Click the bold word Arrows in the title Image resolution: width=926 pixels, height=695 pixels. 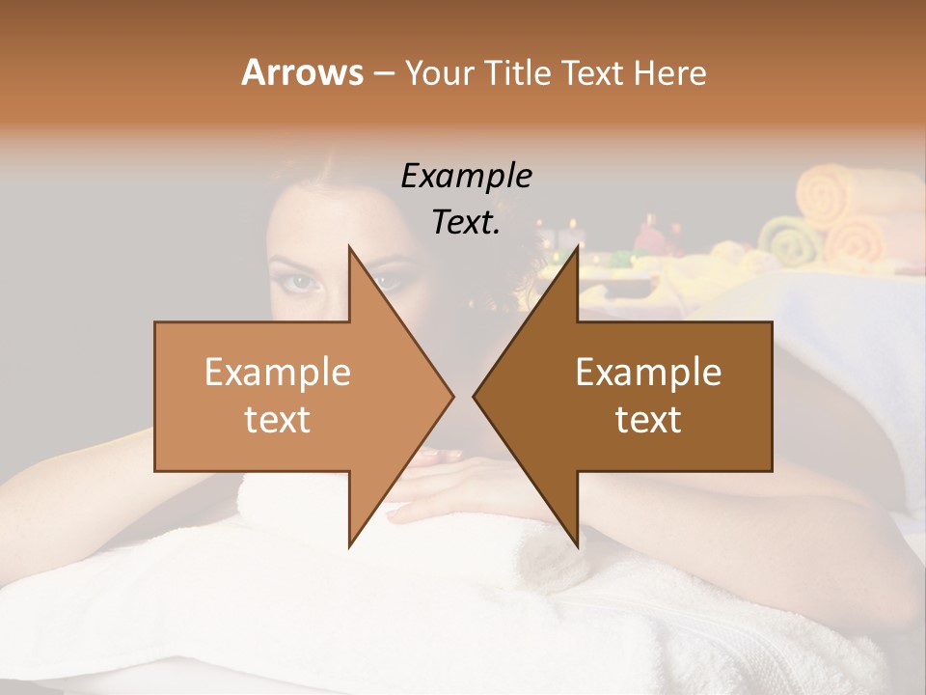coord(301,72)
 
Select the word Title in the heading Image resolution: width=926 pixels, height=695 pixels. coord(515,72)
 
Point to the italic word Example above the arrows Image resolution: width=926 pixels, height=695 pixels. coord(466,176)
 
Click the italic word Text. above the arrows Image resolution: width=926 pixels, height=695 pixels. coord(466,222)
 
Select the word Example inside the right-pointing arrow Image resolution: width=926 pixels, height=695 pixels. coord(278,373)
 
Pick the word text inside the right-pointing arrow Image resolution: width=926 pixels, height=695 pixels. coord(278,420)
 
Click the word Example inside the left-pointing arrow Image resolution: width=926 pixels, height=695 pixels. coord(648,373)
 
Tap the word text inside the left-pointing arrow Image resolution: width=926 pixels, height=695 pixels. coord(648,420)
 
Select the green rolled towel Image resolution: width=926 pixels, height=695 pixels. coord(785,241)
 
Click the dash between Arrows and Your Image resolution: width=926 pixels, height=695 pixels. coord(383,73)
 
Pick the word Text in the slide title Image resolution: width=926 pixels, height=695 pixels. coord(594,72)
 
